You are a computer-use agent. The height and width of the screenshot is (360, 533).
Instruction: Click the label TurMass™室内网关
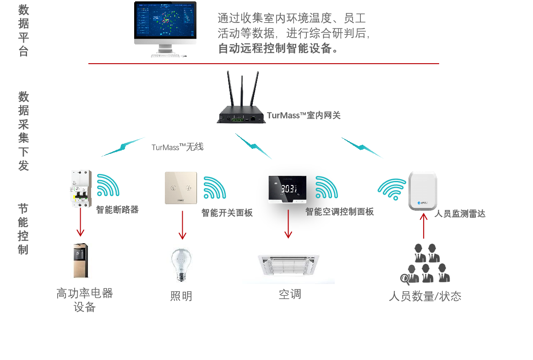pos(304,115)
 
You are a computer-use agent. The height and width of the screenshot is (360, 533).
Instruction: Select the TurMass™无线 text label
pos(178,147)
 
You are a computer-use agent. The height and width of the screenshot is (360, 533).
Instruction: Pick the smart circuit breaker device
pos(81,188)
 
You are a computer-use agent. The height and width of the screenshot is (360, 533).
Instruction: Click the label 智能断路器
pos(117,210)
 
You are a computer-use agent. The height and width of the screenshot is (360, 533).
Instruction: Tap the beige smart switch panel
pos(181,187)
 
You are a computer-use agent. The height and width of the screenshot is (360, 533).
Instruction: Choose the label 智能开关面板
pos(227,213)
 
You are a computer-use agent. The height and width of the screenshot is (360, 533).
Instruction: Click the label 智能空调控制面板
pos(340,212)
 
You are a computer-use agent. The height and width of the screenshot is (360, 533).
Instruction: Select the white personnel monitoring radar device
pos(423,191)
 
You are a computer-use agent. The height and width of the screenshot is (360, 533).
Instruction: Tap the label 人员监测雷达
pos(459,213)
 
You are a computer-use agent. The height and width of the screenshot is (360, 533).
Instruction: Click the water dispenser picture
pos(82,261)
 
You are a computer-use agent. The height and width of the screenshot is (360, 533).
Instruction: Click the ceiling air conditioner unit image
pos(288,264)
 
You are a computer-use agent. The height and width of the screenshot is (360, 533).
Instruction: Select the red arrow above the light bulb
pos(182,225)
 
